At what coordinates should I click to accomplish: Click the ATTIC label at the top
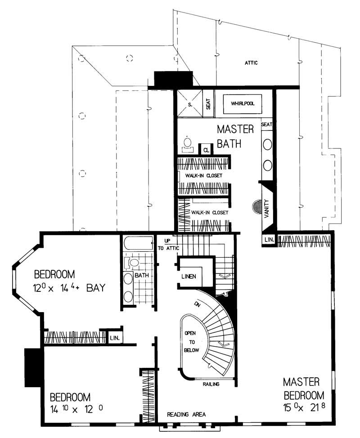pos(251,63)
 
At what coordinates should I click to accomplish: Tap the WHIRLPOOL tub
pos(243,103)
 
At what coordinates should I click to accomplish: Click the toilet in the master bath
pos(187,143)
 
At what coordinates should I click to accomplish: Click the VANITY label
pos(266,208)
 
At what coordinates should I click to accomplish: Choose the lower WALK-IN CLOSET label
pos(210,212)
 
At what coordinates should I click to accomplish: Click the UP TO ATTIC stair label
pos(168,245)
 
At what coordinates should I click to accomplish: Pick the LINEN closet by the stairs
pos(189,276)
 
